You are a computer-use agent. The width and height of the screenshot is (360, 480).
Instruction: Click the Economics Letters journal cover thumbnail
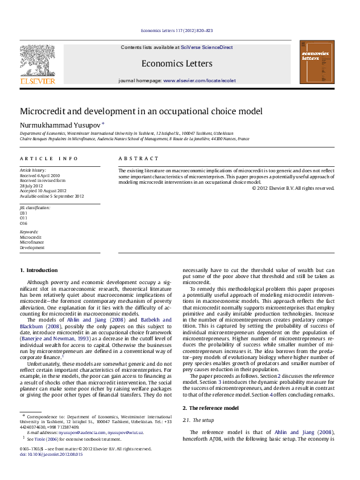[317, 63]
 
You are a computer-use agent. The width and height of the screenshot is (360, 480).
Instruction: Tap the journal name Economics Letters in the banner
[177, 63]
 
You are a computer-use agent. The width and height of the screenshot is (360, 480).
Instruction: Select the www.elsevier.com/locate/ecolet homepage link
[199, 80]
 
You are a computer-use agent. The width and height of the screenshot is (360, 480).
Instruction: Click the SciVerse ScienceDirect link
[209, 47]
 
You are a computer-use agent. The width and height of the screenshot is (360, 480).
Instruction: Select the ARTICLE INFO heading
[49, 158]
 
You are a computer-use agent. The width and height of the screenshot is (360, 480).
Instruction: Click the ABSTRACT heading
[139, 158]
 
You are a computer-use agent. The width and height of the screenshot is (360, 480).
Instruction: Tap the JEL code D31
[24, 213]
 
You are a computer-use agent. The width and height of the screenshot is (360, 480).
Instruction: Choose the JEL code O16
[24, 222]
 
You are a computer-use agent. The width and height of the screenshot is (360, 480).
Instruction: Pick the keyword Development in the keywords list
[32, 247]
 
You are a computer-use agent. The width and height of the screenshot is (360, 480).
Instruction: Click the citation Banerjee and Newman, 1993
[54, 340]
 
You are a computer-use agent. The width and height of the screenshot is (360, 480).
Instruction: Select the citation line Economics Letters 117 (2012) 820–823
[177, 30]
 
